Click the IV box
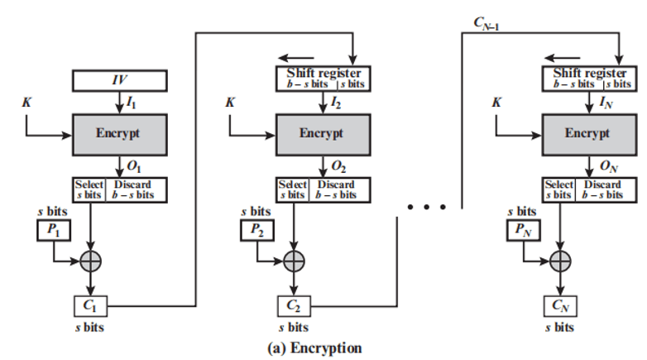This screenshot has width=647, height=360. pyautogui.click(x=120, y=81)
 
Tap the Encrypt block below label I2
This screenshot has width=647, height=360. pyautogui.click(x=322, y=132)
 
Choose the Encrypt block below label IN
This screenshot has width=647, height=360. pyautogui.click(x=587, y=132)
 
